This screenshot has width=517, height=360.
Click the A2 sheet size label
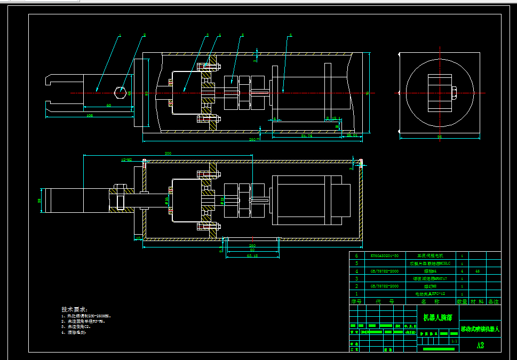click(480, 346)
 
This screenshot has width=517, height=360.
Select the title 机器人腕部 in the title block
click(438, 317)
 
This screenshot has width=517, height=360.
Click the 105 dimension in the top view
click(89, 115)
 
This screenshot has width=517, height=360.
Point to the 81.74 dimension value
click(306, 136)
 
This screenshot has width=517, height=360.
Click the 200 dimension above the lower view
click(168, 153)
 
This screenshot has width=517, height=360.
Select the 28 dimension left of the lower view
click(39, 201)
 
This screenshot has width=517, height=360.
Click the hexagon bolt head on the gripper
click(121, 93)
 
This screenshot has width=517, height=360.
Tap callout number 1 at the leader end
click(120, 36)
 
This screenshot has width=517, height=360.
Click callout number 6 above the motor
click(291, 36)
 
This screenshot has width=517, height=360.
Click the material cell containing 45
click(477, 271)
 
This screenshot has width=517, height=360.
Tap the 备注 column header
click(494, 301)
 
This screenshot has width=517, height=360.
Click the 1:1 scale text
click(454, 340)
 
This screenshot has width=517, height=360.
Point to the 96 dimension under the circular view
click(439, 137)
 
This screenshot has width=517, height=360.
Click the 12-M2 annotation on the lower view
click(126, 159)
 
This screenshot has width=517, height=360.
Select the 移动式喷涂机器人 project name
click(480, 329)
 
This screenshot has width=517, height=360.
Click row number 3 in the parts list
click(356, 279)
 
